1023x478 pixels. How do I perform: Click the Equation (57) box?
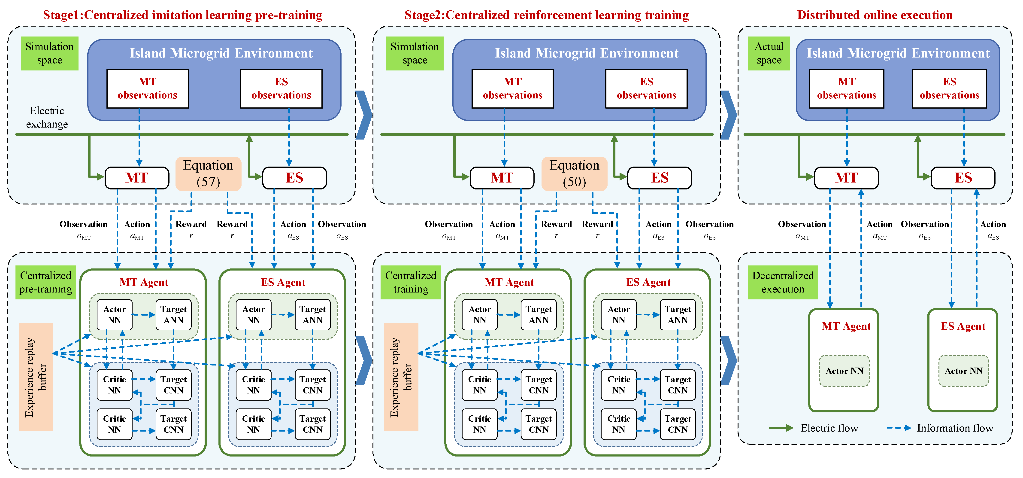click(x=208, y=174)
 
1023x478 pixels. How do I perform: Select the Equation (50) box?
click(x=574, y=174)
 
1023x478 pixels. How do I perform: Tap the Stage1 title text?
click(x=183, y=15)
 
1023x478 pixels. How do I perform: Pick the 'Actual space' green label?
click(x=769, y=53)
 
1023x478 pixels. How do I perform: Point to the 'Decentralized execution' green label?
click(x=783, y=282)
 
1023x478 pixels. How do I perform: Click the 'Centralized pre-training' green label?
click(x=46, y=282)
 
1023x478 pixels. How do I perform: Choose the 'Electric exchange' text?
click(x=47, y=117)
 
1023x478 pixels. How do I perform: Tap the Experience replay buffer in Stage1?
click(x=36, y=377)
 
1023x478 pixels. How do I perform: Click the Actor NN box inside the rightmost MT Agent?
click(x=844, y=371)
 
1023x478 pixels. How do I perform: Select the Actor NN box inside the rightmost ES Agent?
click(x=963, y=371)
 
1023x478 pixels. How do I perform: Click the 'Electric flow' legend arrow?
click(x=781, y=428)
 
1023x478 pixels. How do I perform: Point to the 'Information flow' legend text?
click(x=955, y=428)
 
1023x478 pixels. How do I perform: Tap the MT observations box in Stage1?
click(x=147, y=88)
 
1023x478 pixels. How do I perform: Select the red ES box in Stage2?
click(x=659, y=178)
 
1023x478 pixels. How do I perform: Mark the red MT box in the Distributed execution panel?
click(x=846, y=178)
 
